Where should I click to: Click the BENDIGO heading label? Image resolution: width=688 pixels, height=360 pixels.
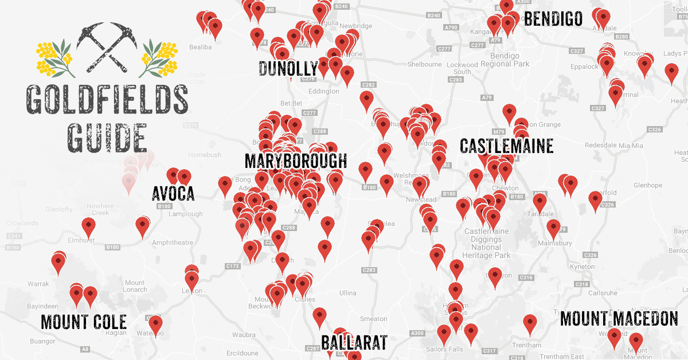tap(553, 18)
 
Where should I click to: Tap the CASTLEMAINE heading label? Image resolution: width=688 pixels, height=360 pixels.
tap(506, 146)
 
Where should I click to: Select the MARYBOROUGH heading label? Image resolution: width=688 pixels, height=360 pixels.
tap(295, 161)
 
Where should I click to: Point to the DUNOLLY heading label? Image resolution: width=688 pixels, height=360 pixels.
tap(288, 69)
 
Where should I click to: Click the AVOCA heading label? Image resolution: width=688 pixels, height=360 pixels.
tap(173, 194)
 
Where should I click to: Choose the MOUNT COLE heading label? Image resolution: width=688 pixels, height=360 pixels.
tap(83, 322)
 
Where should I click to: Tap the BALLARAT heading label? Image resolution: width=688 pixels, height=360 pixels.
tap(354, 342)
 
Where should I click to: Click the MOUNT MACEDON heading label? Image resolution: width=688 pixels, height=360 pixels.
tap(619, 319)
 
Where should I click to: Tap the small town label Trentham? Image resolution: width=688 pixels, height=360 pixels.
tap(527, 345)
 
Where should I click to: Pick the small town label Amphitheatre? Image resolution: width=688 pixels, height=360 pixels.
tap(173, 242)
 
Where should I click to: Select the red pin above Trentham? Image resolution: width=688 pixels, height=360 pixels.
tap(530, 323)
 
